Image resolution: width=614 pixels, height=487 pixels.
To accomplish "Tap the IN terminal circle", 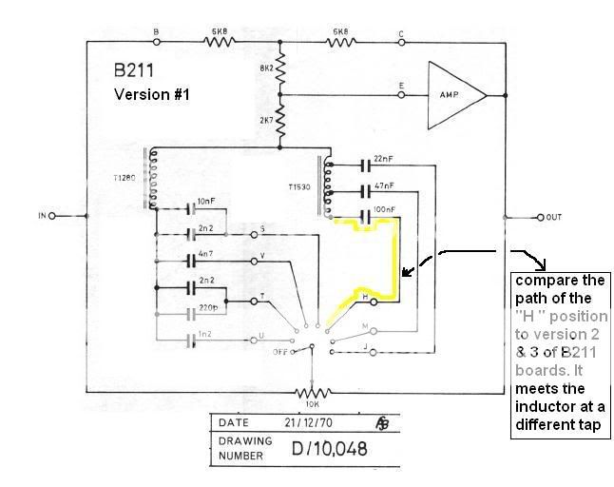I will tap(52, 216).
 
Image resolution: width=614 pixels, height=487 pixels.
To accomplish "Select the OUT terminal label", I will tap(553, 217).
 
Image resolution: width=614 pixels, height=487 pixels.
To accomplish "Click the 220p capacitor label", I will tap(209, 306).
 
